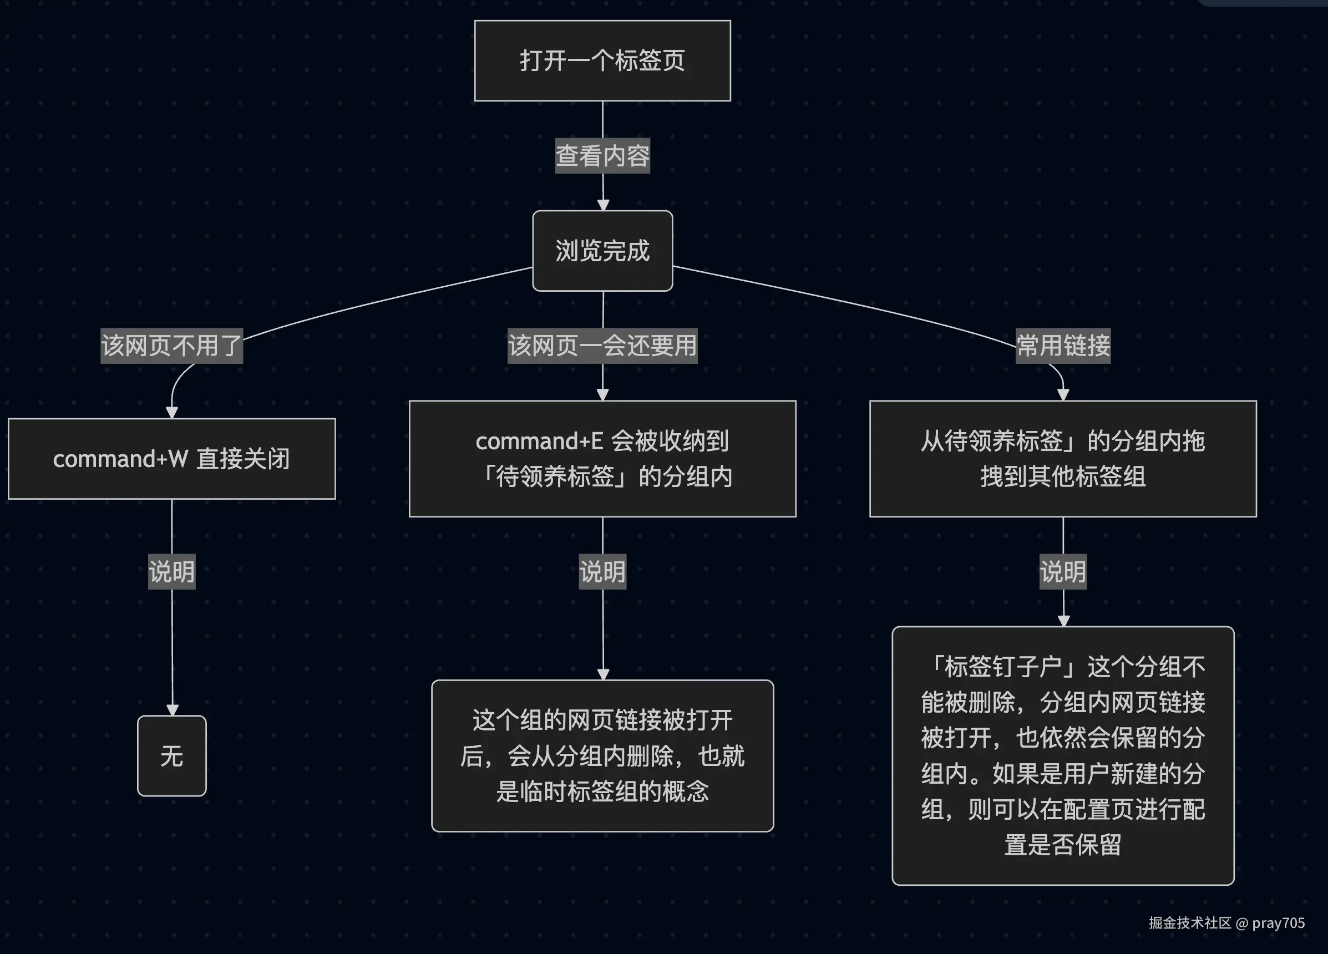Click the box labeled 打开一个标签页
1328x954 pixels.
[602, 61]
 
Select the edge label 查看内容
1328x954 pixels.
[602, 156]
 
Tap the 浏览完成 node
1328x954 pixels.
[602, 251]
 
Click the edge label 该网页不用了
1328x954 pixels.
[171, 346]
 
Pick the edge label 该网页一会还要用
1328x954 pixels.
[602, 346]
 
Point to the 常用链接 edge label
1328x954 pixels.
[1063, 346]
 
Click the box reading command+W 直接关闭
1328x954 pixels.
[171, 459]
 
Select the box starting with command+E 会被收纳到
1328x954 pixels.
[602, 459]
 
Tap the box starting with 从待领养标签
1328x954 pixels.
[1063, 459]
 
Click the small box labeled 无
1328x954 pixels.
[171, 755]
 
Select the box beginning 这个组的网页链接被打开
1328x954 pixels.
[602, 755]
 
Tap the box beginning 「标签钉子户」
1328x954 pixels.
[1063, 755]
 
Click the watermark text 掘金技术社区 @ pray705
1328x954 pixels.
[1226, 923]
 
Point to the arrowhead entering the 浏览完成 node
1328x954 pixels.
[603, 205]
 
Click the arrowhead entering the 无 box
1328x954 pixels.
[172, 710]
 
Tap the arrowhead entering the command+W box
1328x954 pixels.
[171, 412]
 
